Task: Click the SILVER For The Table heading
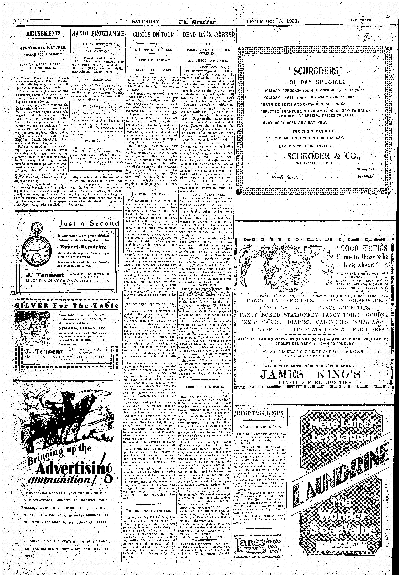(67, 306)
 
